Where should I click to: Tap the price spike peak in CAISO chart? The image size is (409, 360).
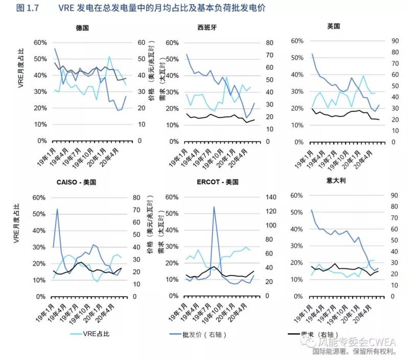point(57,209)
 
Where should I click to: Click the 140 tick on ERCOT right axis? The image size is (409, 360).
point(268,197)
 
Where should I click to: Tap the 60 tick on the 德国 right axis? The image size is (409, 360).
point(141,42)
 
